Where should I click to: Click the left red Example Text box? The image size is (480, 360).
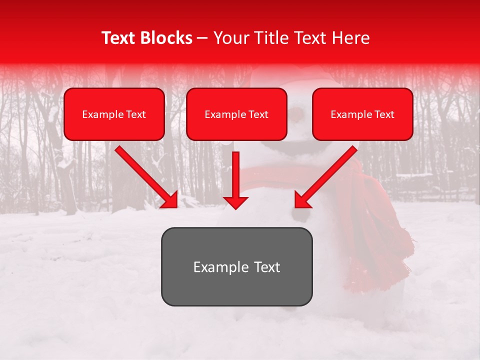click(114, 114)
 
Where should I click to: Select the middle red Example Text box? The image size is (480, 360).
click(236, 114)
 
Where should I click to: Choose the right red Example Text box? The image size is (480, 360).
click(362, 114)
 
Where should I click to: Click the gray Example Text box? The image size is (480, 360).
click(236, 266)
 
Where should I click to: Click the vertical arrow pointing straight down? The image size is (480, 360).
click(235, 177)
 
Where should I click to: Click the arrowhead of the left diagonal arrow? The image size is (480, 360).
click(170, 199)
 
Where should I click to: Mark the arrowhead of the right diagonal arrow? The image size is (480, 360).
click(302, 199)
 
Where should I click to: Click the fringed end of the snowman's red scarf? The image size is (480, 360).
click(395, 260)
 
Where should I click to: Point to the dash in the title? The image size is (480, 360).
click(202, 38)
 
